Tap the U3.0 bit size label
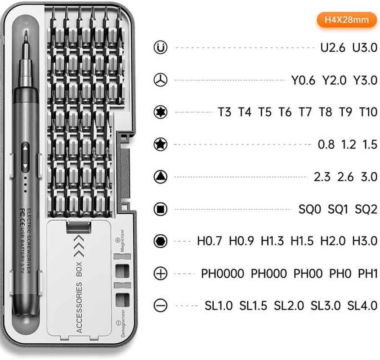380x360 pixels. [x=365, y=47]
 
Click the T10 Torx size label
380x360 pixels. [x=368, y=112]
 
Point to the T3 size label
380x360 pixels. [x=224, y=112]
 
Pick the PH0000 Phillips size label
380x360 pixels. [x=223, y=274]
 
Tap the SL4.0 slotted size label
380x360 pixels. [x=362, y=306]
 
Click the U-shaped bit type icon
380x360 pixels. [x=160, y=47]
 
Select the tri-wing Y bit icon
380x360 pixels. [x=160, y=80]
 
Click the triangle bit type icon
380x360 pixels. [x=160, y=176]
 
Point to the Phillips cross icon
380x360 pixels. [x=160, y=274]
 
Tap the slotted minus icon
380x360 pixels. [x=160, y=306]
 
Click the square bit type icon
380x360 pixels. [x=160, y=209]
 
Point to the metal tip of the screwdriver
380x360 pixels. [x=26, y=38]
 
